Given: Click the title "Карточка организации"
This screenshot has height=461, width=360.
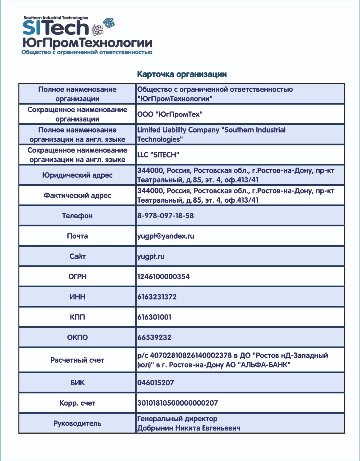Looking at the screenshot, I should click(x=182, y=74).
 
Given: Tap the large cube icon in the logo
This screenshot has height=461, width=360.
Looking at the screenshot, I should click(x=98, y=30).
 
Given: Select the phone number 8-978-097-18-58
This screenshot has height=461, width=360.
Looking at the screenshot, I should click(x=165, y=216).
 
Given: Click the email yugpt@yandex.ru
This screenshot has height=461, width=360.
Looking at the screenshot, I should click(x=166, y=236).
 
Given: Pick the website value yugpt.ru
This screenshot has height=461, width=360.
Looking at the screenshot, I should click(x=151, y=256).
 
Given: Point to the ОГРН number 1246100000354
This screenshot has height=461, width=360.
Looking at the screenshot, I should click(x=163, y=276).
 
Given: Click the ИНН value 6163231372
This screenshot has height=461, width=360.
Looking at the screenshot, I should click(x=157, y=297).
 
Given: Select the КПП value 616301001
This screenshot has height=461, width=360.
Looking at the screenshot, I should click(x=154, y=317).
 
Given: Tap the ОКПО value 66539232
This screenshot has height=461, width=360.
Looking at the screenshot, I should click(x=154, y=337).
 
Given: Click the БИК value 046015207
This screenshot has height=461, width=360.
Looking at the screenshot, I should click(x=156, y=383).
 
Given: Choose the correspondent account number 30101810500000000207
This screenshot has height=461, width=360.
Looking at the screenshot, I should click(x=177, y=403).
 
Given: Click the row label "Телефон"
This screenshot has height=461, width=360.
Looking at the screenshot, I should click(x=77, y=216).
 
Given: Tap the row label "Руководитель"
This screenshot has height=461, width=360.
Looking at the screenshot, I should click(x=77, y=423).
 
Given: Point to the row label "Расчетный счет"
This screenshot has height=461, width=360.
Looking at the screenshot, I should click(x=77, y=360).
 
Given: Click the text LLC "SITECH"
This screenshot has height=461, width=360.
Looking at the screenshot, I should click(x=158, y=155).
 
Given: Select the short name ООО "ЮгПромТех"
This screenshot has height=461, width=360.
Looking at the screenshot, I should click(x=170, y=114).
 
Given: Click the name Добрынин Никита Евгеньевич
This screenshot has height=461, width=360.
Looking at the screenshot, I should click(x=189, y=428).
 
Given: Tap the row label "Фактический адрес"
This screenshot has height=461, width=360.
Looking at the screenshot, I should click(x=77, y=195).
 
